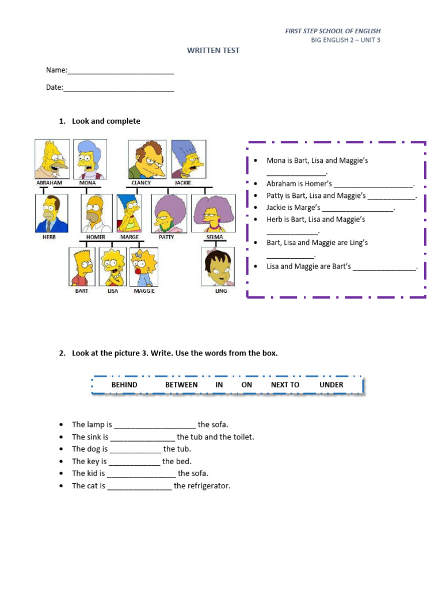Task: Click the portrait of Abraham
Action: point(52,159)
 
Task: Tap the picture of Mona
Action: point(89,159)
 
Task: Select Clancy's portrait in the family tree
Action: point(147,159)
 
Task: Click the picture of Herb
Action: point(51,213)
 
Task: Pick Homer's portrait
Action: point(96,213)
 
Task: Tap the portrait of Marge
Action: point(129,213)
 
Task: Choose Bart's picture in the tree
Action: point(82,266)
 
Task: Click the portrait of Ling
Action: point(218,266)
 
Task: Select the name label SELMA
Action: point(214,237)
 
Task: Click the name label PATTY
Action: point(166,237)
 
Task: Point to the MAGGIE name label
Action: point(144,291)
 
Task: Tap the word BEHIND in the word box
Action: point(124,385)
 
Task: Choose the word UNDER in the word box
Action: point(331,385)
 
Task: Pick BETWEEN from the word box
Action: point(181,385)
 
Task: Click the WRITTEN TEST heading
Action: point(213,51)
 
